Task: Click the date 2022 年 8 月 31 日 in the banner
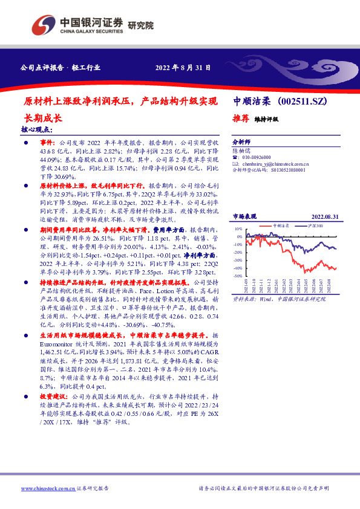(x=183, y=67)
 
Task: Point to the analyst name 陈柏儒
(x=243, y=147)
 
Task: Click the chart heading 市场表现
(x=245, y=216)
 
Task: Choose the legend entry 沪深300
(x=314, y=225)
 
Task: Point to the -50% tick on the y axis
(x=238, y=276)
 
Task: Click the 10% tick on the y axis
(x=239, y=230)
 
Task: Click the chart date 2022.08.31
(x=324, y=216)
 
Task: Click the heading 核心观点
(x=37, y=129)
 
